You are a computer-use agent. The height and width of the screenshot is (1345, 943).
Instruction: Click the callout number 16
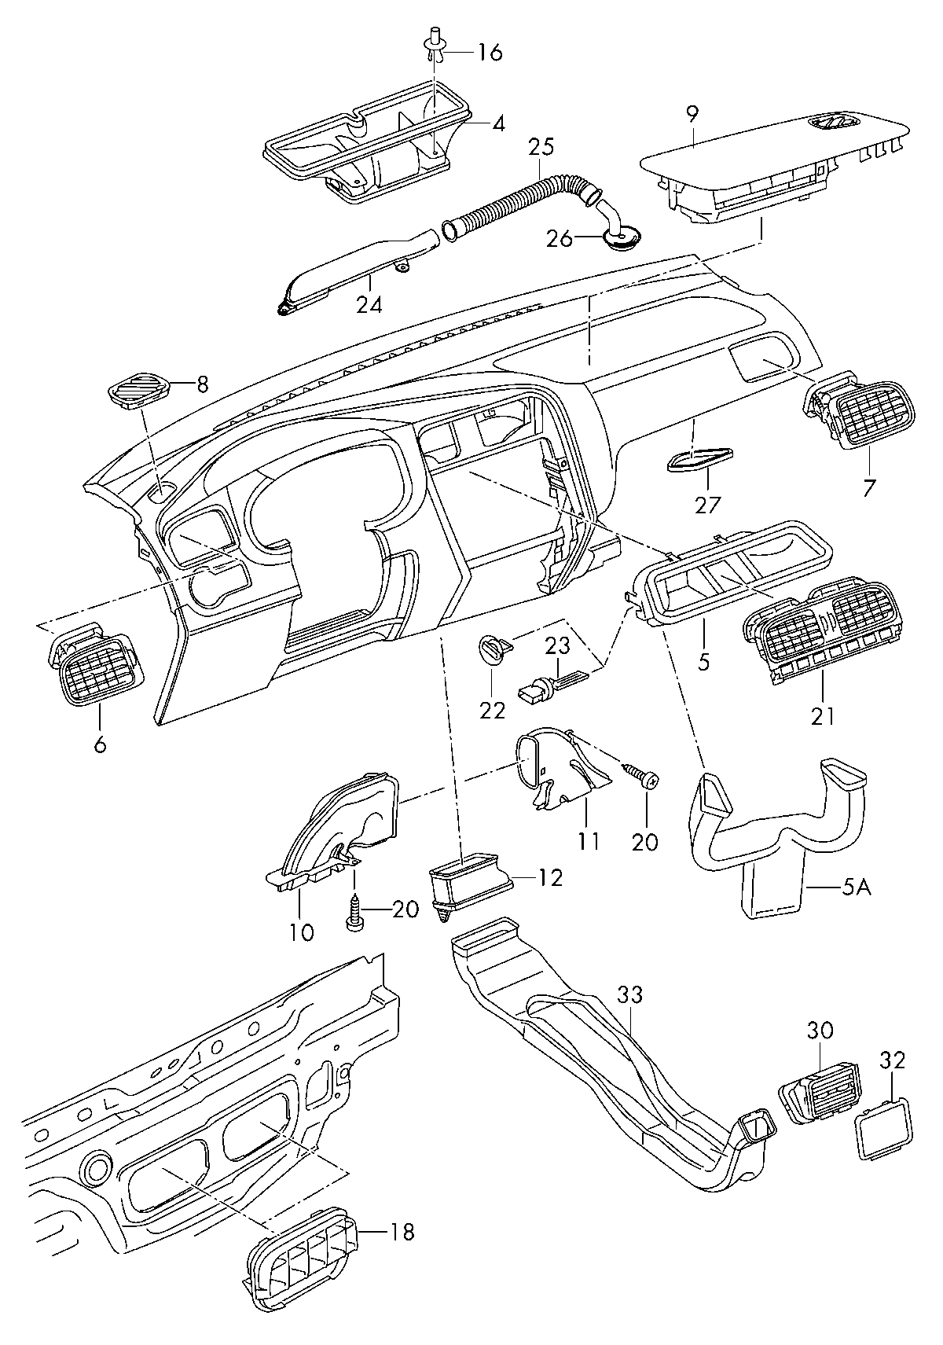pos(490,52)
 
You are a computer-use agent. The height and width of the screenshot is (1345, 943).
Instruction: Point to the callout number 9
pos(692,115)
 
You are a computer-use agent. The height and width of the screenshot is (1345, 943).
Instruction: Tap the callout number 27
pos(706,505)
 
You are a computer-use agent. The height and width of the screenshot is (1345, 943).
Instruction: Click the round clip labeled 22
pos(494,649)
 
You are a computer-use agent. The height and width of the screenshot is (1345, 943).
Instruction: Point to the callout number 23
pos(558,647)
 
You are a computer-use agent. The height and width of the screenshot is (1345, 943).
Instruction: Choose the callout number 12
pos(550,878)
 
